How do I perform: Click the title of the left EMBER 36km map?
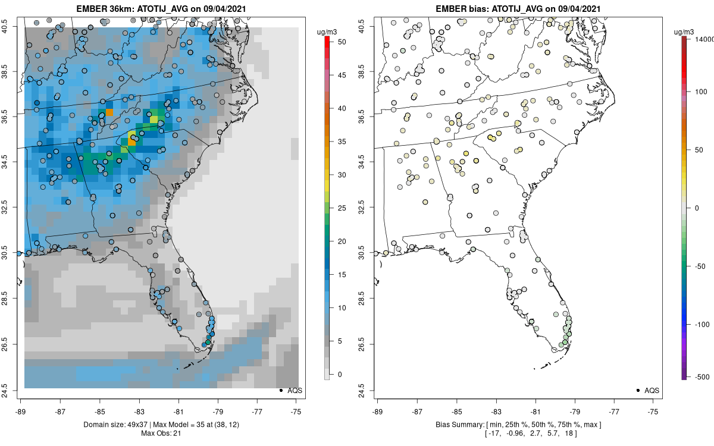click(x=162, y=9)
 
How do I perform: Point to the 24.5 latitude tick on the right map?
click(x=369, y=390)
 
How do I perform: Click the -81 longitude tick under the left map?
click(x=178, y=410)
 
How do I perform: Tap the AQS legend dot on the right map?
click(x=637, y=390)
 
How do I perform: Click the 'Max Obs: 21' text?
click(x=162, y=433)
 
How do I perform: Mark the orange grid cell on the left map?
click(x=109, y=112)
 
